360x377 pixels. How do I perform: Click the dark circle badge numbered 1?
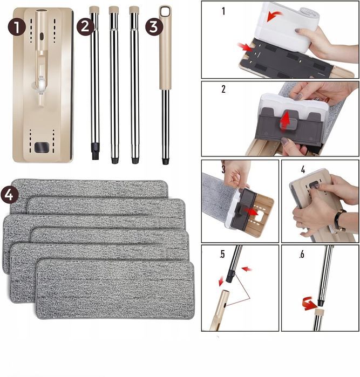[x=16, y=27]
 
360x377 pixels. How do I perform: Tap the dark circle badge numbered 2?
[x=85, y=26]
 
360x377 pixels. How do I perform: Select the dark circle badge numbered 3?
[x=154, y=26]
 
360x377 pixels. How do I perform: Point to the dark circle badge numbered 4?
[x=9, y=195]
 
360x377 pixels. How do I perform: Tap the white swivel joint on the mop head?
[x=40, y=86]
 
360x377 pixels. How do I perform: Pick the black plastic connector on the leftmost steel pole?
[x=96, y=151]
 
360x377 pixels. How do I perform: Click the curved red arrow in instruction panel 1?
[x=274, y=16]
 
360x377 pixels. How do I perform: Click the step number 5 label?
[x=222, y=254]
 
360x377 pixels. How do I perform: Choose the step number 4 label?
[x=303, y=169]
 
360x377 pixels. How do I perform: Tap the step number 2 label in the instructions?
[x=223, y=89]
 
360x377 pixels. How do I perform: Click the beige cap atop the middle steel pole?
[x=113, y=10]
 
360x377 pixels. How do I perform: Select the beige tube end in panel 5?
[x=219, y=310]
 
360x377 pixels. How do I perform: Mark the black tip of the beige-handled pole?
[x=165, y=161]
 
